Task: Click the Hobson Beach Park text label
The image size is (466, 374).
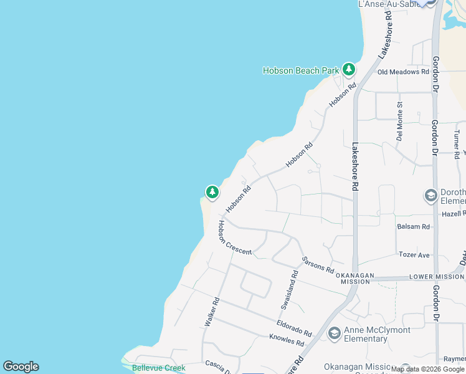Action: (x=301, y=70)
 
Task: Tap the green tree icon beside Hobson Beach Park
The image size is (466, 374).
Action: (x=349, y=69)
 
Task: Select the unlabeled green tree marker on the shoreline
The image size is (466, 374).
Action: (x=212, y=192)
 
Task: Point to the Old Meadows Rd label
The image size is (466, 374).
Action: (x=404, y=72)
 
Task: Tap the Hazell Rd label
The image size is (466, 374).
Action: (x=454, y=213)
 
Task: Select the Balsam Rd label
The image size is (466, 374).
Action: (x=413, y=227)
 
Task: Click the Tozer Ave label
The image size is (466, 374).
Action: (x=414, y=255)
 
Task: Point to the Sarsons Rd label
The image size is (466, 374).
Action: (x=318, y=264)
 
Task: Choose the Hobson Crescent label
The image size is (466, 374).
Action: (x=234, y=237)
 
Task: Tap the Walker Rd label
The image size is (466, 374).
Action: (x=212, y=312)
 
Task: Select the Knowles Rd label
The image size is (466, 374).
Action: (x=287, y=340)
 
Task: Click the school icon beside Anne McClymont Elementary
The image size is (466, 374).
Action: (x=334, y=334)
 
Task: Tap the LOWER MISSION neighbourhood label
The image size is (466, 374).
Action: (x=435, y=276)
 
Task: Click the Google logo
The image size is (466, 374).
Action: (x=21, y=367)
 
